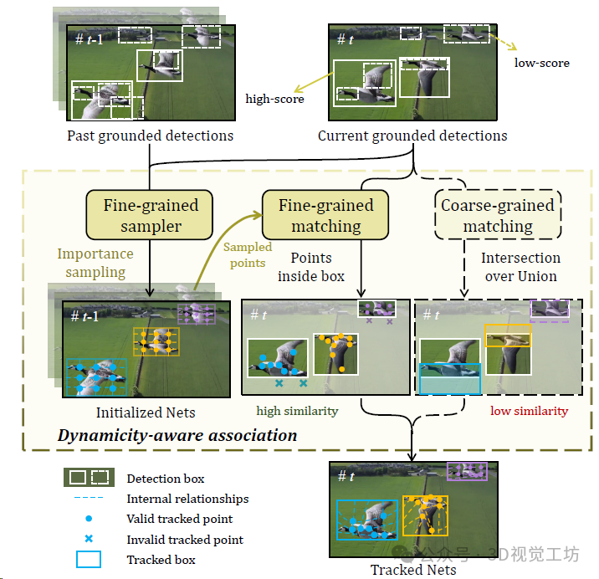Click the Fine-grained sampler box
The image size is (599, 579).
coord(151,215)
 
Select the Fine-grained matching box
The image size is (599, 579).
coord(325,215)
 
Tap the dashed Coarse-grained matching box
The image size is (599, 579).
coord(498,215)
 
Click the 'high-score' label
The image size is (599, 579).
coord(274,99)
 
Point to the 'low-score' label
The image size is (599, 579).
coord(541,63)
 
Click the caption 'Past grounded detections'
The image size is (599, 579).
coord(150,136)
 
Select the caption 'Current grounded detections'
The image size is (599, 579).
coord(412,136)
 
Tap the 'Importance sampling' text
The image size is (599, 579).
coord(95,263)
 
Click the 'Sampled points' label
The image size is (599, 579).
coord(247,254)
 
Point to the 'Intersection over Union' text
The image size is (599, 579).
coord(520,267)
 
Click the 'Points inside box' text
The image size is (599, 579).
coord(310,267)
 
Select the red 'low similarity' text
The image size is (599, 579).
coord(529,411)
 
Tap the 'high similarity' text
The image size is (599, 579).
coord(297,411)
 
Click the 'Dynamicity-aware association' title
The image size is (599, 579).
coord(177,435)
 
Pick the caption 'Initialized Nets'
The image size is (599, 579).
coord(146,412)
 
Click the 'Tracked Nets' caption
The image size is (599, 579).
coord(413,570)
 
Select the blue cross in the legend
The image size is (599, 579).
coord(88,540)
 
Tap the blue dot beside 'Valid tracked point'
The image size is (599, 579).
coord(88,520)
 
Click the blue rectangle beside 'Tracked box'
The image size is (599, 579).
coord(88,560)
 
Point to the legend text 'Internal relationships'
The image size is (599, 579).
coord(187,499)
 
